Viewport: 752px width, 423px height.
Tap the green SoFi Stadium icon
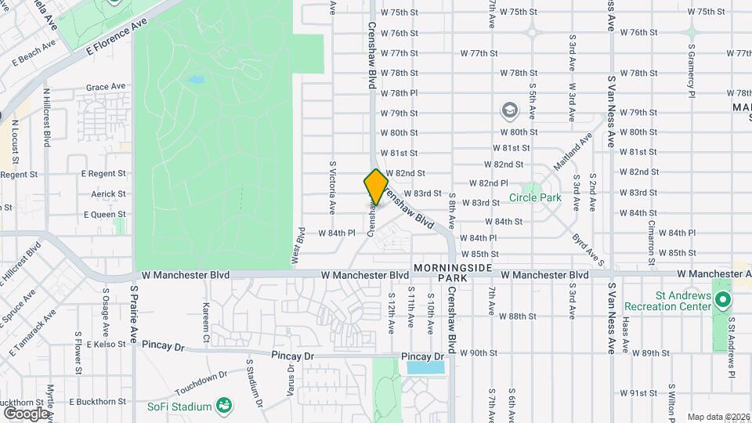point(224,405)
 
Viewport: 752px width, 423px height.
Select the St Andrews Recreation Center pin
point(723,300)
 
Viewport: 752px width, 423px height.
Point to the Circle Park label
point(535,198)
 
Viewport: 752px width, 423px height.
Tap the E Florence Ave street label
point(117,36)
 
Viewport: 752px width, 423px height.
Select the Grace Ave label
point(106,86)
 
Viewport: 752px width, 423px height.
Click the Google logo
point(26,414)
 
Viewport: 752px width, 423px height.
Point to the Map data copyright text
point(718,417)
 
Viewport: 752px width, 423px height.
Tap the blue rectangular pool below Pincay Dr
point(425,367)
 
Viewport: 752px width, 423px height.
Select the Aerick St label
point(108,193)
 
